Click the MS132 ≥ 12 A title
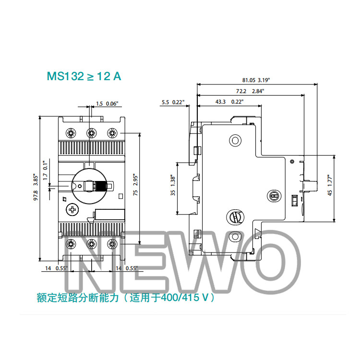84,76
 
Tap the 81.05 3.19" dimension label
256,80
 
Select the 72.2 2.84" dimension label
250,91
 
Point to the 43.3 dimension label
220,102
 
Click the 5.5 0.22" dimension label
173,102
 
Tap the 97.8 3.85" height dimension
36,187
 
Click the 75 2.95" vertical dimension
135,185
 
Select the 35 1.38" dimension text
173,186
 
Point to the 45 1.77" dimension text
330,185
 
